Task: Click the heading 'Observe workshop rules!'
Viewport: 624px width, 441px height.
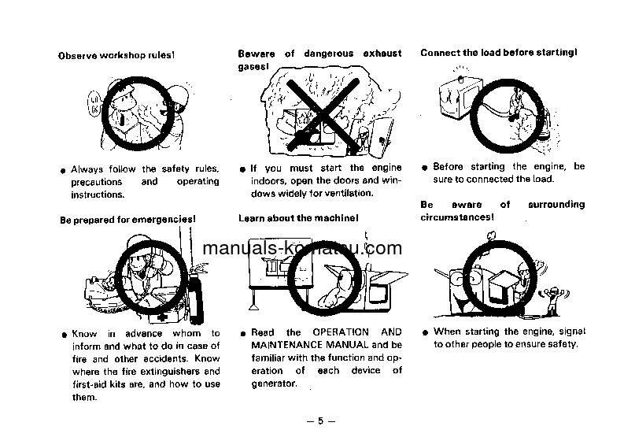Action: pos(116,55)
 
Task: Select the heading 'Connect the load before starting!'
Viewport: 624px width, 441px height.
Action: pos(498,53)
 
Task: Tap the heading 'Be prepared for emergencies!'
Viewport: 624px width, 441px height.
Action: pos(127,219)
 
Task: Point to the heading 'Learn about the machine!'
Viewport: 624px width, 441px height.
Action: pos(298,217)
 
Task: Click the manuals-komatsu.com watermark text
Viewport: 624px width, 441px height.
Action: pos(302,248)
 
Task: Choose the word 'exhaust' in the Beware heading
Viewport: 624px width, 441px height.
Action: pos(382,54)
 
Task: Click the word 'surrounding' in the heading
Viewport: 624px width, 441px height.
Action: pos(556,205)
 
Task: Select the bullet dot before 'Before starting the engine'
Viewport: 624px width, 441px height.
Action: pos(425,169)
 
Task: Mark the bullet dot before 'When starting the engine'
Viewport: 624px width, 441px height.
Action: pos(425,333)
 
